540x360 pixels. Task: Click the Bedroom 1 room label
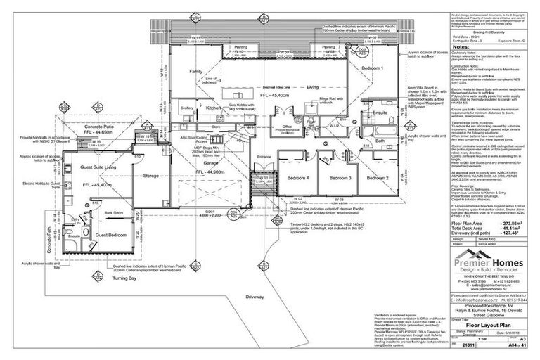click(372, 67)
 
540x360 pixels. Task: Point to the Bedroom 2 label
click(378, 179)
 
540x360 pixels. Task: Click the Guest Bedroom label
click(110, 234)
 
